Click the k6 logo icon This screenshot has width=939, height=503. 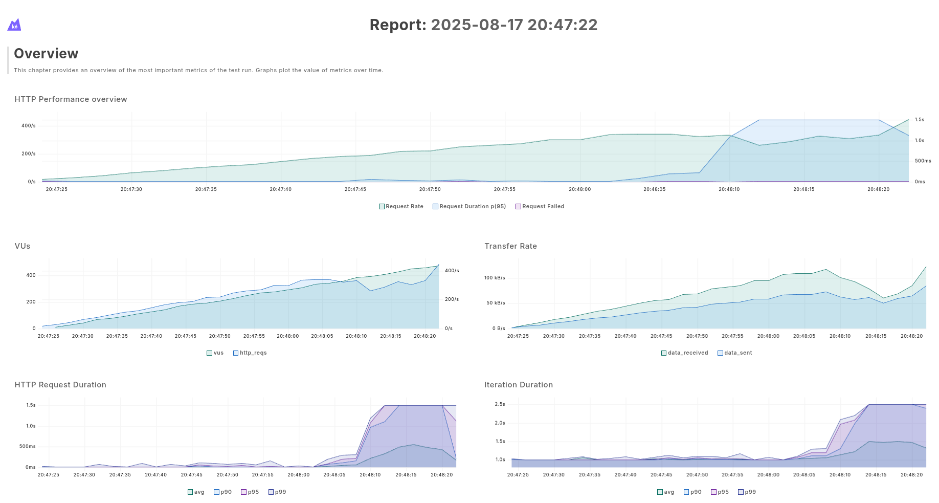click(x=14, y=25)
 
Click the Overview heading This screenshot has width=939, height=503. click(x=46, y=54)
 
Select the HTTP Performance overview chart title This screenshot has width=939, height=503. click(x=71, y=99)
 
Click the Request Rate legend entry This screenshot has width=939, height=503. click(x=401, y=207)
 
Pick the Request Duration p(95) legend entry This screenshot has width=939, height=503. click(x=469, y=207)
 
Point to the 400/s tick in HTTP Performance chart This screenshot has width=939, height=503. click(x=29, y=126)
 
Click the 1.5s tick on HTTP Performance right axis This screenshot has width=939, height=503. click(x=920, y=120)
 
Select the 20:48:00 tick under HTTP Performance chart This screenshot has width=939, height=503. click(x=580, y=189)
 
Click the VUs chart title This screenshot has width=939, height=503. click(x=23, y=246)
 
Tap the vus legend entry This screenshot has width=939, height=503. click(x=215, y=353)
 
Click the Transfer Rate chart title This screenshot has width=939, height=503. click(x=510, y=246)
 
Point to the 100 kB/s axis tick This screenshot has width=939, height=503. click(x=495, y=278)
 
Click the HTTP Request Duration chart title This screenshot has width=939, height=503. click(x=60, y=385)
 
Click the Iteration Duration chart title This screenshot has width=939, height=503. click(x=519, y=385)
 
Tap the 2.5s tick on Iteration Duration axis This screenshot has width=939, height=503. click(x=500, y=404)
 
